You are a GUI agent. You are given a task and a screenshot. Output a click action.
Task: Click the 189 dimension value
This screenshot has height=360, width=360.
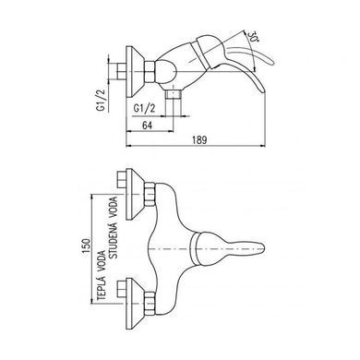[199, 140]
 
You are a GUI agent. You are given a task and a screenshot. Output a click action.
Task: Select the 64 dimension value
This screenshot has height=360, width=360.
[148, 126]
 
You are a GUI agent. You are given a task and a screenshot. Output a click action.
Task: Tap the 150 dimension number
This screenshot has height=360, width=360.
[87, 246]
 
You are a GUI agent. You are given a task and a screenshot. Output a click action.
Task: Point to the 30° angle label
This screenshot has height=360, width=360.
[252, 37]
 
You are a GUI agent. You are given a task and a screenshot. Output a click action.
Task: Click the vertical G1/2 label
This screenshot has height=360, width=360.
[101, 100]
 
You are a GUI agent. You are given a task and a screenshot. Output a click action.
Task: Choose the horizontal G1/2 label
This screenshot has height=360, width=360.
[144, 108]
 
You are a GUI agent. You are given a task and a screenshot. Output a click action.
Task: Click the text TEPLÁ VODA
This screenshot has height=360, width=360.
[102, 275]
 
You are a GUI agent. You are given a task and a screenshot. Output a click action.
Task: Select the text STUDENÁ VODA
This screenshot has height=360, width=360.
[114, 227]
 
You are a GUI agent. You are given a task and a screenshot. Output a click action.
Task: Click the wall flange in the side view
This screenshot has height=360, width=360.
[136, 72]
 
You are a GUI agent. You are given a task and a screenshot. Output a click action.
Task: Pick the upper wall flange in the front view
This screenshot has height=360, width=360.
[136, 194]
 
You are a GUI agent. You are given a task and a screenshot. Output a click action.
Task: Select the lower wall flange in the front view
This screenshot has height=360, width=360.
[136, 304]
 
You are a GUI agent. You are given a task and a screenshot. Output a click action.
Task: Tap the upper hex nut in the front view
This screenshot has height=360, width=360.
[150, 194]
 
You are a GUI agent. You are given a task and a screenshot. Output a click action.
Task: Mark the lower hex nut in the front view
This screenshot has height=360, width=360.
[150, 304]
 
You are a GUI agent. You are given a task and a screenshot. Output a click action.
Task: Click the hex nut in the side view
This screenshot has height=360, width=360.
[150, 72]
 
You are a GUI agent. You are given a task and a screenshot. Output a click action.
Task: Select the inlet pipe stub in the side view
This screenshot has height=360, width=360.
[122, 72]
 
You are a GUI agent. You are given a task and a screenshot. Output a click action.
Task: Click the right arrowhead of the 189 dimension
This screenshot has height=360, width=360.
[262, 146]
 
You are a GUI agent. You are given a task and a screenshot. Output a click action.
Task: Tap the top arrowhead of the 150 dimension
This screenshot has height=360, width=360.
[91, 198]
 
